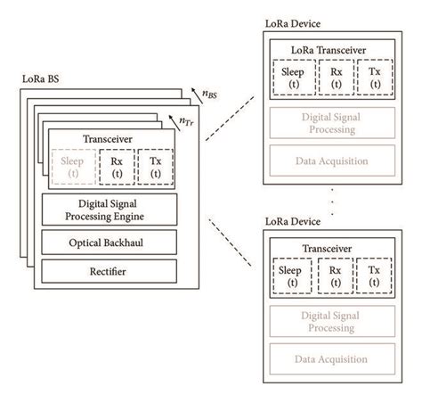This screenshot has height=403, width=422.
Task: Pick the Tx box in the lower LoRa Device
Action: (x=374, y=276)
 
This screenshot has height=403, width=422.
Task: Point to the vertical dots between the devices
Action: (x=330, y=201)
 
